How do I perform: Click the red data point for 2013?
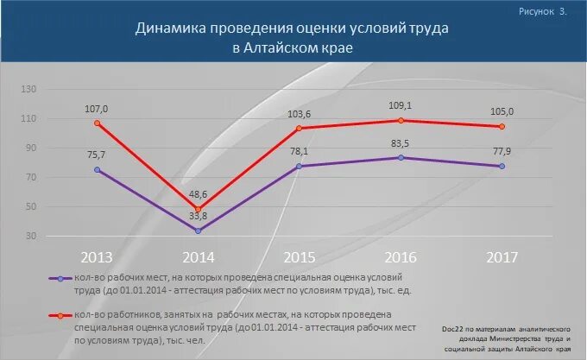coord(98,123)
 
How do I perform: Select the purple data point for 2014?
coord(199,231)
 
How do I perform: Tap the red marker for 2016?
coord(401,120)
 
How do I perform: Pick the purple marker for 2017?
coord(502,166)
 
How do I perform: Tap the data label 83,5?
coord(401,143)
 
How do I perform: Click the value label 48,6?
coord(199,194)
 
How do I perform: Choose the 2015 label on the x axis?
coord(299,257)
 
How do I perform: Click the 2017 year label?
coord(502,257)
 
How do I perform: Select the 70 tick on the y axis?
coord(31,178)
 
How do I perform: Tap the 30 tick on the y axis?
coord(31,237)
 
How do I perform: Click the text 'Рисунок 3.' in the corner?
coord(543,12)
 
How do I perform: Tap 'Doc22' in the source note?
coord(453,329)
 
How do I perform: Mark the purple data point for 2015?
coord(300,166)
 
